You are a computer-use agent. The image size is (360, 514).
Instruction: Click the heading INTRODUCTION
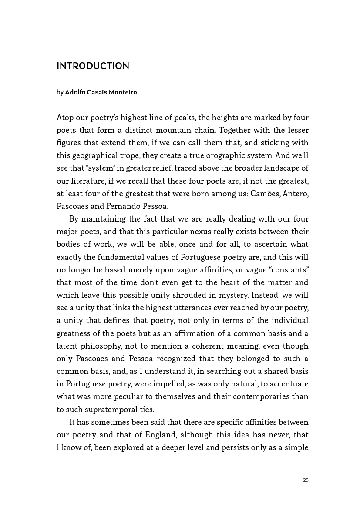93,66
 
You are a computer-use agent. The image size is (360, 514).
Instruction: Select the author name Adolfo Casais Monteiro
101,92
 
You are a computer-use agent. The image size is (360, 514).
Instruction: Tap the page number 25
305,480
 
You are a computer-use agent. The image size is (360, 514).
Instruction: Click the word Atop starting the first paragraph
65,118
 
